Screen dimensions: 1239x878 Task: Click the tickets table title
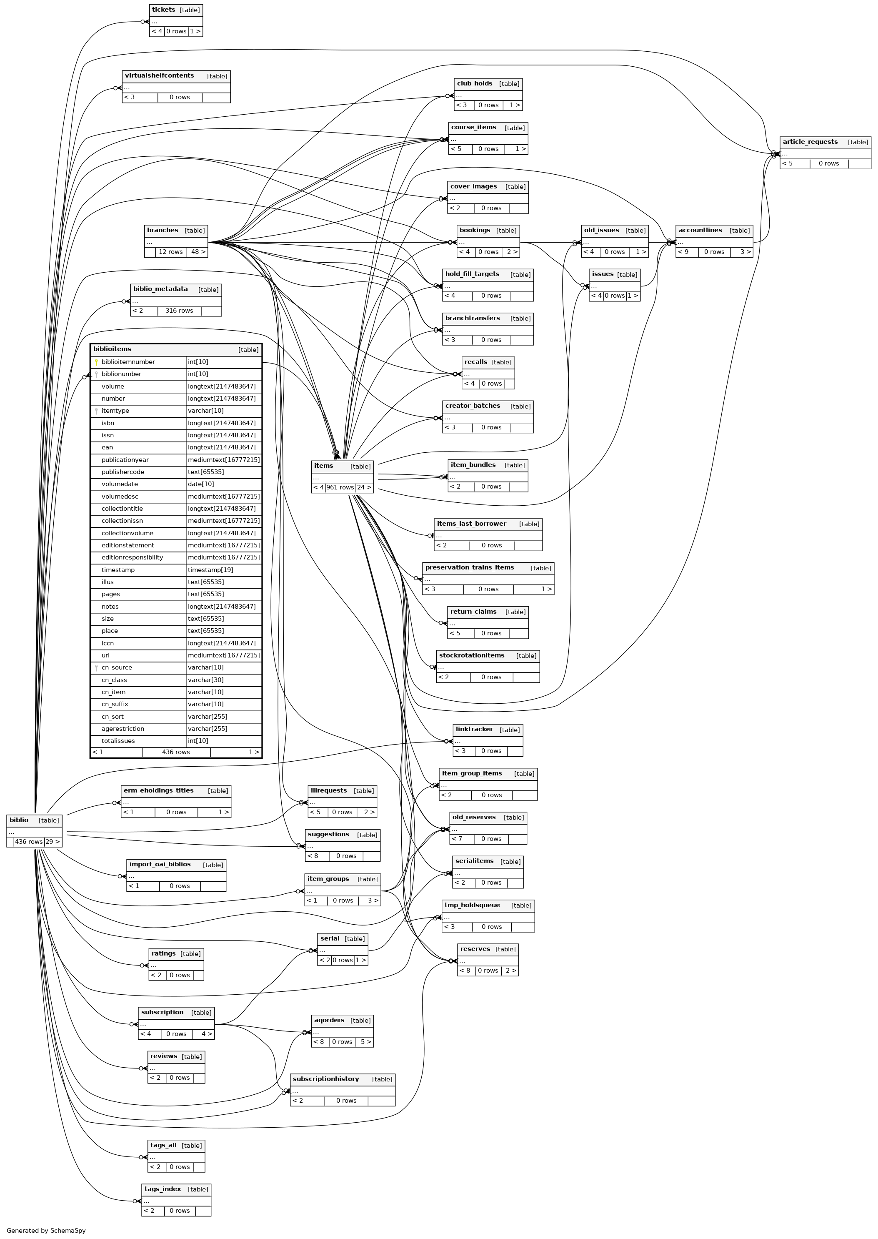(163, 10)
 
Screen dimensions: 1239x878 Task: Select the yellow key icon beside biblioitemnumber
(96, 362)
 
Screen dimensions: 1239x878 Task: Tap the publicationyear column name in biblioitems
(125, 460)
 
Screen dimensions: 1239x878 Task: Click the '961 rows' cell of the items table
(340, 487)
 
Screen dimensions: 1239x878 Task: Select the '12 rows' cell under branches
(170, 252)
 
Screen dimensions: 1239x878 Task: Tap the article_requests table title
(810, 142)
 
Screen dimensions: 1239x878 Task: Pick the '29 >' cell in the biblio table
(53, 842)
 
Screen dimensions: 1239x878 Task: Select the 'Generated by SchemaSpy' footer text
(46, 1230)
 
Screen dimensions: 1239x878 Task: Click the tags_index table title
(162, 1189)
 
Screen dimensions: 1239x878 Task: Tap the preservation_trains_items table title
(469, 567)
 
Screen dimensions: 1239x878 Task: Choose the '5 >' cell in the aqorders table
(365, 1042)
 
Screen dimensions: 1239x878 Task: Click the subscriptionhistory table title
(325, 1079)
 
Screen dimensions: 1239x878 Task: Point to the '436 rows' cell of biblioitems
(176, 752)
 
